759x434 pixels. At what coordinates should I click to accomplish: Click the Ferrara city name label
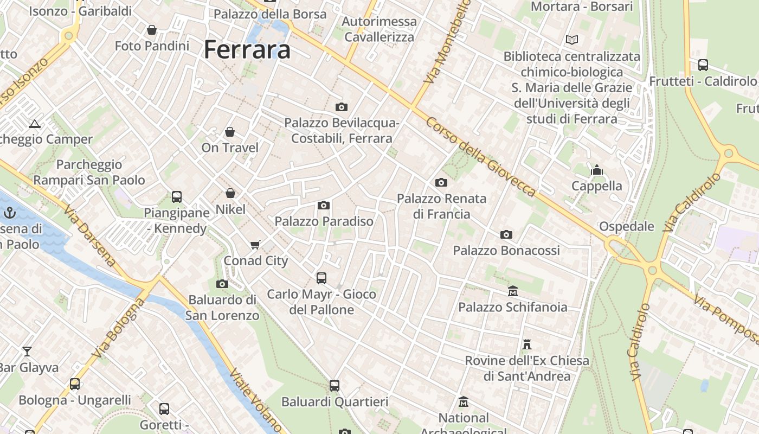click(x=247, y=50)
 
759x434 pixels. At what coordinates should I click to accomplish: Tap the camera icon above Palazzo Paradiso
click(x=324, y=205)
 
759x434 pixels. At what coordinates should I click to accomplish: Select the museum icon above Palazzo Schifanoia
click(x=512, y=291)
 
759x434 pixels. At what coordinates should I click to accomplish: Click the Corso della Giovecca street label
click(x=480, y=157)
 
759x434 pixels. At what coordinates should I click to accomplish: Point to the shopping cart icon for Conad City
click(x=255, y=245)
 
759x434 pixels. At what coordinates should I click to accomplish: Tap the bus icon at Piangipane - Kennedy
click(x=176, y=196)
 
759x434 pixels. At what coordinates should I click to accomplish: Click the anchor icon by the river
click(x=9, y=213)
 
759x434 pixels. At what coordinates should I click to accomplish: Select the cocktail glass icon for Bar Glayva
click(x=27, y=351)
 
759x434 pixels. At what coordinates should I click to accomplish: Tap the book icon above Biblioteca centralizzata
click(x=571, y=40)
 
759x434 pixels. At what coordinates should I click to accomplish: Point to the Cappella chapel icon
click(x=597, y=170)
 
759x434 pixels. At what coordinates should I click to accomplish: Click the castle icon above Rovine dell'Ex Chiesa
click(x=526, y=344)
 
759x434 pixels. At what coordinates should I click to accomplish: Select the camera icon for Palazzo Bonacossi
click(x=506, y=234)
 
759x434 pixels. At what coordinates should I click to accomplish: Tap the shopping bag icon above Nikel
click(x=230, y=193)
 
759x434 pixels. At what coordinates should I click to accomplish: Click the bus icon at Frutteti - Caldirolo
click(x=703, y=65)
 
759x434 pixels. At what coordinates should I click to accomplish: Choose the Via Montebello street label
click(x=448, y=42)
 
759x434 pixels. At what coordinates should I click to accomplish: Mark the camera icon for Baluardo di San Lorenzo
click(x=222, y=284)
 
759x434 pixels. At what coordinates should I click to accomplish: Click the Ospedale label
click(x=626, y=226)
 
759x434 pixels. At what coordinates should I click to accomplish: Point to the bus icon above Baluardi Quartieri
click(x=335, y=386)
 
